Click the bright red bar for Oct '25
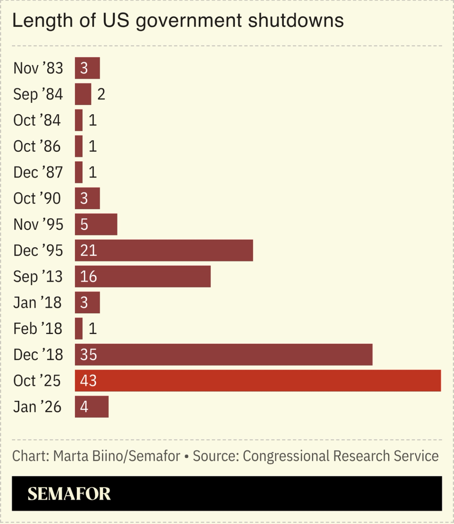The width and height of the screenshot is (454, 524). pos(258,381)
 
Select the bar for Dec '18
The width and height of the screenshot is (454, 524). pos(223,355)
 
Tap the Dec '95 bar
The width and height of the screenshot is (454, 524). pos(164,250)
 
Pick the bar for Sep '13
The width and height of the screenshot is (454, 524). pos(143,276)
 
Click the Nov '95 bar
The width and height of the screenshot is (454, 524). pos(96,224)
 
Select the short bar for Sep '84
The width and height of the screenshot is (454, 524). pos(83,94)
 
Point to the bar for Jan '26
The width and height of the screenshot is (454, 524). pos(92,407)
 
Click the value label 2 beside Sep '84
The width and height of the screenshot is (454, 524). pos(101,94)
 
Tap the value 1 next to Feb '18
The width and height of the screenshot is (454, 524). pos(93,329)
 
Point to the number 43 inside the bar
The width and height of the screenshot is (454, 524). pos(88,381)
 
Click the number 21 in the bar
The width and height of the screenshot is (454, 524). pos(88,250)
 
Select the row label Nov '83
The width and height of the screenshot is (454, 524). pos(38,68)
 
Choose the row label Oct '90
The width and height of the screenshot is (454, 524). pos(37,198)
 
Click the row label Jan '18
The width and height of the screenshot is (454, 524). pos(37,303)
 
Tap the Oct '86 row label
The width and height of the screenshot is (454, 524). pos(37,146)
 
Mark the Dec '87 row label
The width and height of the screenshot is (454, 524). pos(38,172)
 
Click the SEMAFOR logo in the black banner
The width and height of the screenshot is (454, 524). pos(69,494)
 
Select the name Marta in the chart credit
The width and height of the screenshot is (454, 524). pos(71,456)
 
